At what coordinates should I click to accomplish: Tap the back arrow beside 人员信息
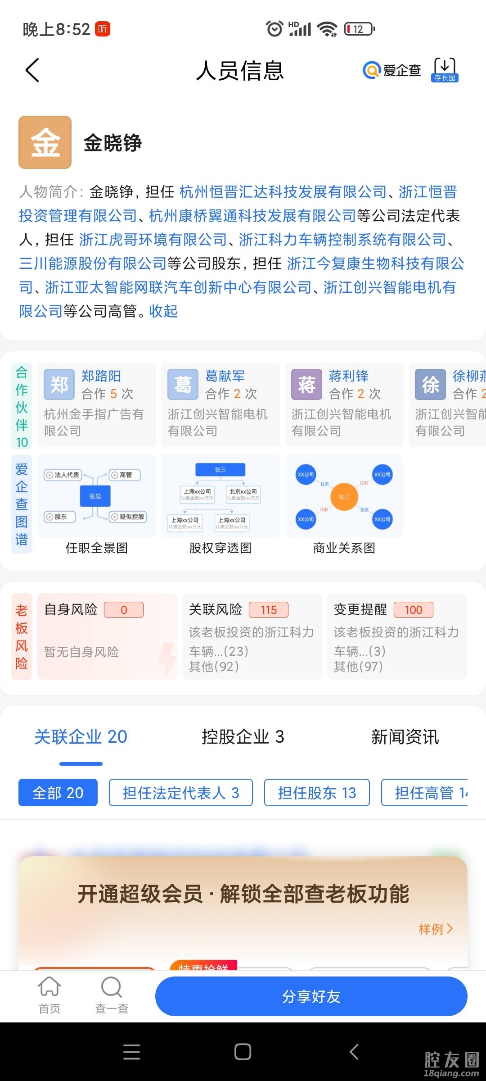32,70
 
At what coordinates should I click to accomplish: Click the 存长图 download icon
445,69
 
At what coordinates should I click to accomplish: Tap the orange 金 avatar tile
45,142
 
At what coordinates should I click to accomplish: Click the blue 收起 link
163,311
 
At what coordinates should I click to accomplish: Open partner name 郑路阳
101,376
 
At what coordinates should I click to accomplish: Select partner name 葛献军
225,376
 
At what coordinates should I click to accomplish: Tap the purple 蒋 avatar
306,385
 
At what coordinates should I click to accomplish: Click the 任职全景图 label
97,548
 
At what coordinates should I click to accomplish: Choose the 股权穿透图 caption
220,548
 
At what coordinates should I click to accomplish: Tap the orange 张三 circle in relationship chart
344,497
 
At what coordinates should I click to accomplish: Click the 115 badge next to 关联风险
269,610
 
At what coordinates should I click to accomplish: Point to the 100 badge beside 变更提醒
413,610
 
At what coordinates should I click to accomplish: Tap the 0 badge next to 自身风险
124,610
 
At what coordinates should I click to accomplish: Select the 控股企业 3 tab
243,737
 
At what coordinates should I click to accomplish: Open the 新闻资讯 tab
405,737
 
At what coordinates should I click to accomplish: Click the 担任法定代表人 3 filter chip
180,793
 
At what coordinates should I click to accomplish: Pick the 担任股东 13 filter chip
317,793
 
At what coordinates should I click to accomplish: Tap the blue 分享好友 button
311,996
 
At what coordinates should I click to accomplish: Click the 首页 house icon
49,987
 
